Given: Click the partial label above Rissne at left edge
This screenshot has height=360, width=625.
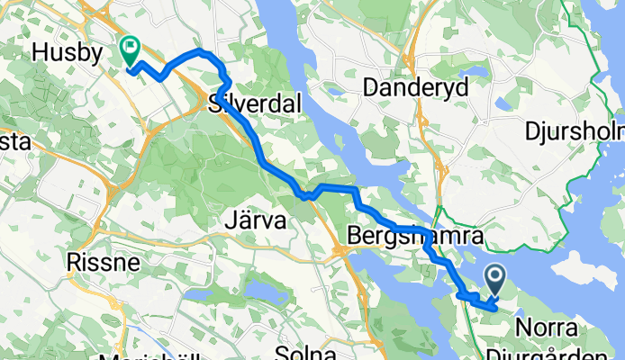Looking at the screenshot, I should [14, 142].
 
